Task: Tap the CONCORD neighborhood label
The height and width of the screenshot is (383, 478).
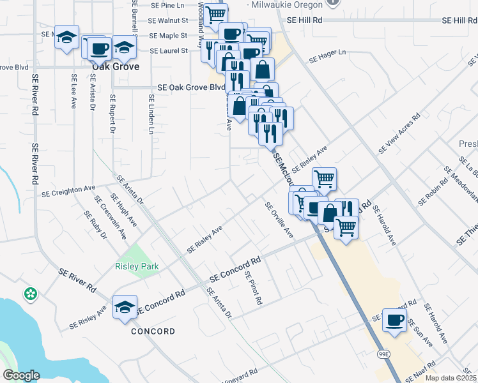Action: pos(153,331)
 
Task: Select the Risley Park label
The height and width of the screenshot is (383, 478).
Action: pos(137,266)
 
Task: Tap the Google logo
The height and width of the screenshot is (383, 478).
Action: pos(20,375)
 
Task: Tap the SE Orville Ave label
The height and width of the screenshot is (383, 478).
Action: pos(279,220)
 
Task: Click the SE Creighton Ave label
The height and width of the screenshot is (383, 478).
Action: pos(68,191)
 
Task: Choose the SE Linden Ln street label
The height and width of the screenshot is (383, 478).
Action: pos(151,114)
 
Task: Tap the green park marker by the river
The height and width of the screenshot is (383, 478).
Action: pos(30,294)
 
